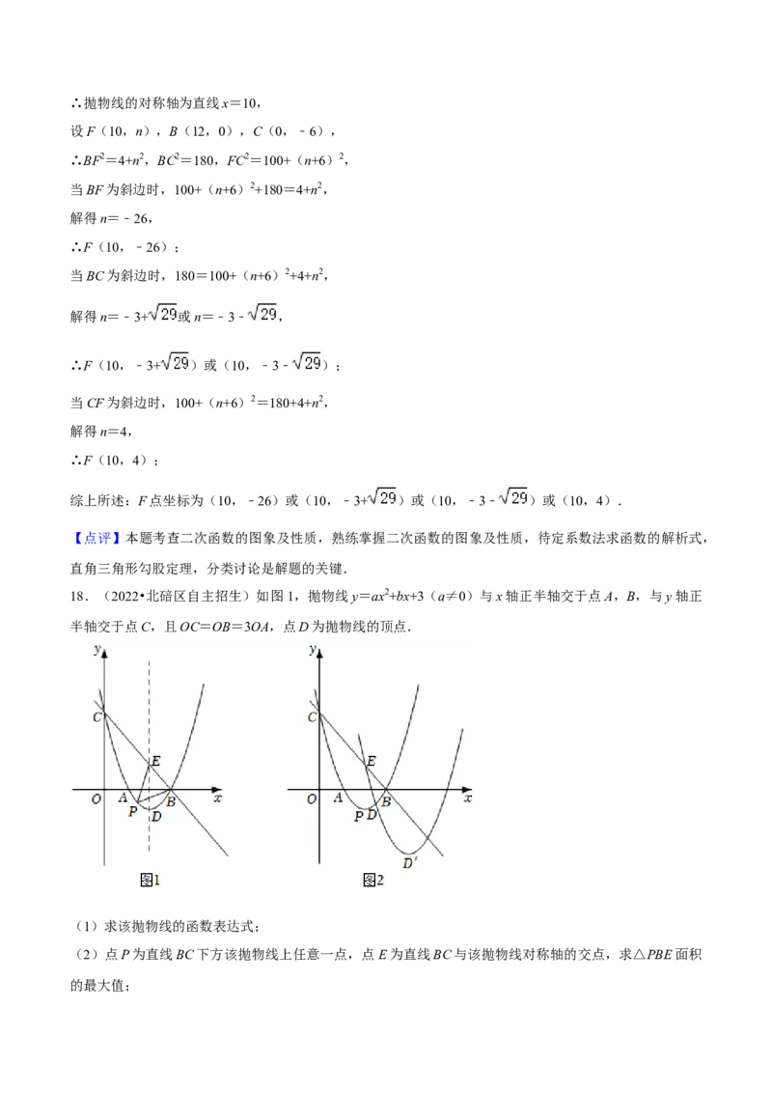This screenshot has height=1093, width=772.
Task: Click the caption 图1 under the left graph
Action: click(x=150, y=881)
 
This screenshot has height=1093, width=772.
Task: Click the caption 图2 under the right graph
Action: click(x=373, y=881)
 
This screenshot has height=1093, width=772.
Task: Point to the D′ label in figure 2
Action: click(x=410, y=863)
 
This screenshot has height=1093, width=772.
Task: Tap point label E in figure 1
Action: click(x=155, y=761)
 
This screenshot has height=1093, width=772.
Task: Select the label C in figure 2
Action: click(x=312, y=716)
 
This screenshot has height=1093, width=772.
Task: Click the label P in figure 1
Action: click(x=132, y=811)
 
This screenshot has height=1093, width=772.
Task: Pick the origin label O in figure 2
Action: click(x=312, y=799)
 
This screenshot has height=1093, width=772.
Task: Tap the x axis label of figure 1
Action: click(x=217, y=798)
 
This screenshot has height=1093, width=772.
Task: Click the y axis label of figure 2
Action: click(x=313, y=650)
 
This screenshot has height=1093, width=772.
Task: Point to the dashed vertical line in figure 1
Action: click(x=149, y=755)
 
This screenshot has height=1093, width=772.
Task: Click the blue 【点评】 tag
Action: click(x=96, y=538)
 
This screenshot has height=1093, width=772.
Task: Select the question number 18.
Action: click(x=79, y=597)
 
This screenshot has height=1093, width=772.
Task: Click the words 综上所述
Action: click(x=97, y=500)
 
